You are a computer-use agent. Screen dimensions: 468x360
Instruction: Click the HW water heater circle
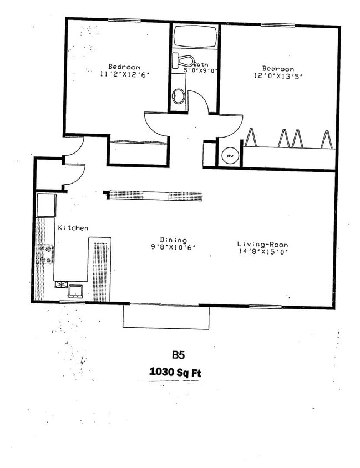click(229, 156)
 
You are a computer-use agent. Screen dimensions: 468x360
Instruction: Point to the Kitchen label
click(73, 228)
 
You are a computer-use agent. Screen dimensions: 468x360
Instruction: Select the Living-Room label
click(262, 244)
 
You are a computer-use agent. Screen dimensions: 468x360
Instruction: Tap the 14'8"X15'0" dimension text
click(262, 251)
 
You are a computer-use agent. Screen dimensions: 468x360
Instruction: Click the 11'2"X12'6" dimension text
click(125, 74)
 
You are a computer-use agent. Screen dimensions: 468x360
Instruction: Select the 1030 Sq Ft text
click(175, 373)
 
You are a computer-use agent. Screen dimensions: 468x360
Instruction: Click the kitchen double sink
click(69, 288)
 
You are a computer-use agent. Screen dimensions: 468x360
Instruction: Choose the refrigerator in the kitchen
click(46, 205)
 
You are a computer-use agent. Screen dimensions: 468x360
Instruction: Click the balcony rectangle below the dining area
click(166, 317)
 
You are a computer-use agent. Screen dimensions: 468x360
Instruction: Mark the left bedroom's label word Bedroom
click(124, 67)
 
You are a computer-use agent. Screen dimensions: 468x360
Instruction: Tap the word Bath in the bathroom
click(201, 64)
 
